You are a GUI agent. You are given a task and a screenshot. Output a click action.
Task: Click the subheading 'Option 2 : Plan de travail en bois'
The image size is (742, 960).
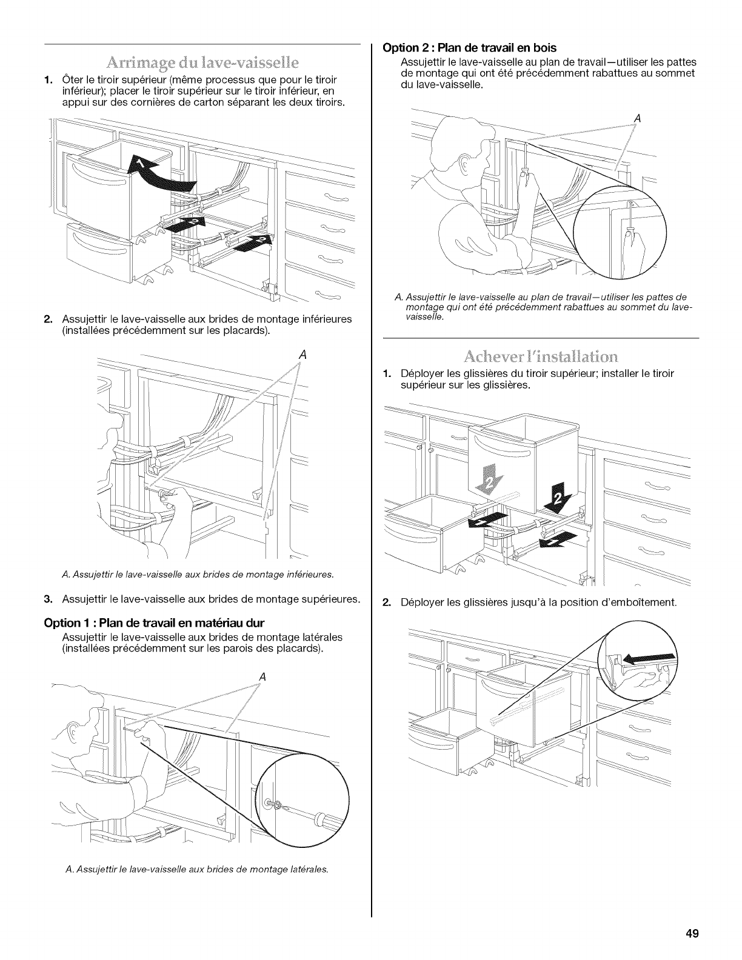(469, 47)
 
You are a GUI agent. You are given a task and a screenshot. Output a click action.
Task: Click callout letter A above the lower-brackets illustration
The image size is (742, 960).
(301, 356)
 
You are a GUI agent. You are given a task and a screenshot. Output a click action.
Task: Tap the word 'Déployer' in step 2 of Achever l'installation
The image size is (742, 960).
(421, 603)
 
